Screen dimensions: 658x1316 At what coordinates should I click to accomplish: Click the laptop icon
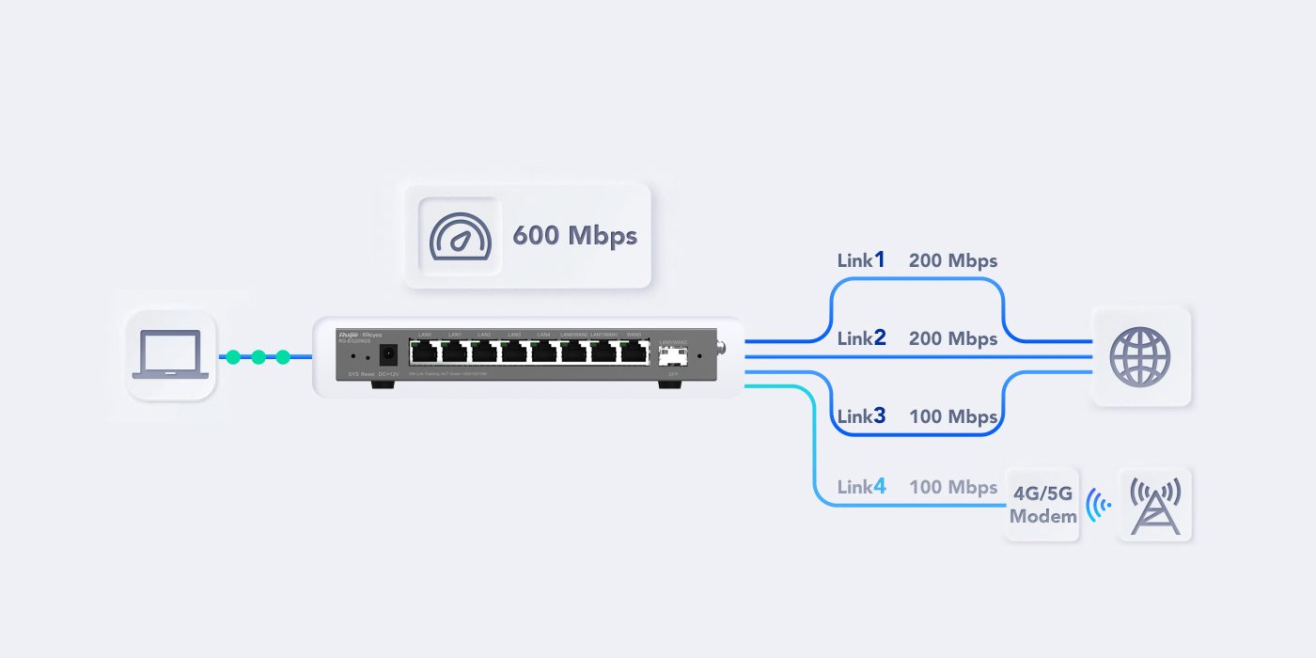tap(170, 354)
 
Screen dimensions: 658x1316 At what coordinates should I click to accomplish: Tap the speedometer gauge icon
tap(460, 235)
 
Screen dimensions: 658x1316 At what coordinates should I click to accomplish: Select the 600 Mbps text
tap(574, 235)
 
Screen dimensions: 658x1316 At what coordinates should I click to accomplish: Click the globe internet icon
tap(1140, 357)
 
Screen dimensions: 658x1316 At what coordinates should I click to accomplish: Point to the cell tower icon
tap(1154, 505)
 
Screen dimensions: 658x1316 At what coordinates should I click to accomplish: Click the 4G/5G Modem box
tap(1042, 505)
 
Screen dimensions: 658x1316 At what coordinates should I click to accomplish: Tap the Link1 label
tap(861, 260)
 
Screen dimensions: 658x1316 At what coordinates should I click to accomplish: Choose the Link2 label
tap(861, 338)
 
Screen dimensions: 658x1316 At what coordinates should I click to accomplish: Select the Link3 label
tap(861, 415)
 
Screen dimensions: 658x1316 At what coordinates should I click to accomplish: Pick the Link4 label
tap(861, 487)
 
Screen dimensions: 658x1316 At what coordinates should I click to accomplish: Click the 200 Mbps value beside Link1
tap(952, 260)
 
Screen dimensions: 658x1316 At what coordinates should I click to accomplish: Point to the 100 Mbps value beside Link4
tap(952, 487)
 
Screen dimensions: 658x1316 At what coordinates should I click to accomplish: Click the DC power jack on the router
tap(386, 355)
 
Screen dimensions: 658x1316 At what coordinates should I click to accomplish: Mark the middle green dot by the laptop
tap(258, 357)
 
